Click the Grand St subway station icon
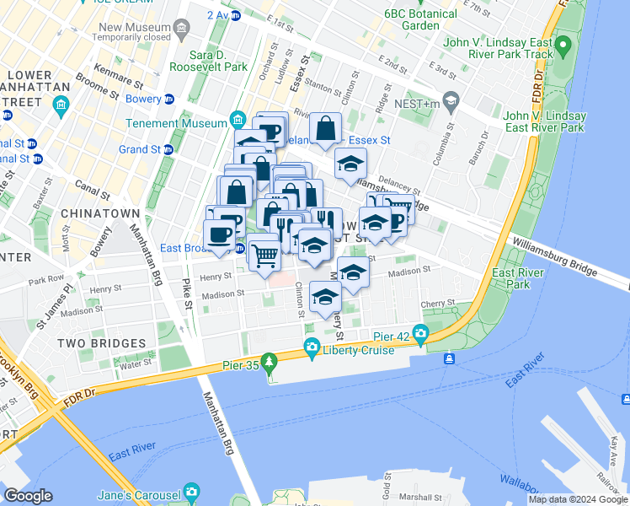point(168,149)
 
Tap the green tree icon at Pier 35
point(269,363)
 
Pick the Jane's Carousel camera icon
point(192,493)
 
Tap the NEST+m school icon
point(451,101)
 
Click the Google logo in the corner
point(28,496)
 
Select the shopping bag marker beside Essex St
point(325,129)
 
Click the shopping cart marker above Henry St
point(265,254)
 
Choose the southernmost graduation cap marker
point(325,296)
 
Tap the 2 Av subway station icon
point(236,15)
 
